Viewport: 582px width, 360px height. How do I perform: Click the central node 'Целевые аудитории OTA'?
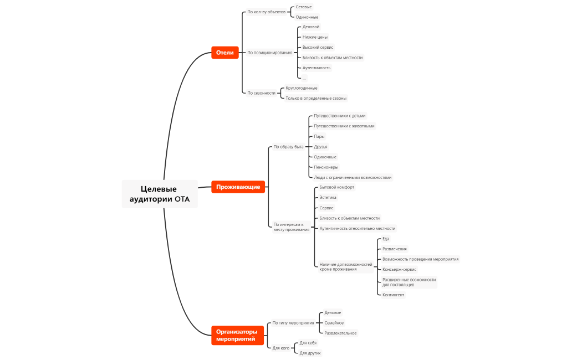(160, 194)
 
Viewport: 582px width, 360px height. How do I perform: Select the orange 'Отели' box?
(224, 53)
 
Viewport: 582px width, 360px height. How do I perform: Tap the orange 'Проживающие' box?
(238, 187)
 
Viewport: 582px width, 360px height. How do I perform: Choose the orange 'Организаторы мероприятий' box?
(237, 335)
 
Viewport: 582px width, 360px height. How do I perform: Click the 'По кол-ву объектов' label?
(266, 12)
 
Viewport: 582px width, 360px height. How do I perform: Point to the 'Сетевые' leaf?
(304, 7)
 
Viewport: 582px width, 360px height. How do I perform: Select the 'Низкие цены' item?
(315, 37)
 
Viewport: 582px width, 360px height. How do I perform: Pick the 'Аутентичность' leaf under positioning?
(316, 68)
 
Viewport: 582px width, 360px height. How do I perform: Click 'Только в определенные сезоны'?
(316, 98)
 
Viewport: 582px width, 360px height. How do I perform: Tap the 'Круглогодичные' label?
(302, 88)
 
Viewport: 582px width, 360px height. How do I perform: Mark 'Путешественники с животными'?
(344, 126)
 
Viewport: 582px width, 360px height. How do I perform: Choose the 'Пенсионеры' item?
(326, 167)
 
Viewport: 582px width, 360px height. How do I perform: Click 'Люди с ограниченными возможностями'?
(353, 177)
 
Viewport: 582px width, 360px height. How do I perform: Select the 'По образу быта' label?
(288, 147)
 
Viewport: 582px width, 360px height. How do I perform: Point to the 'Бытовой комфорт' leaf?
(336, 187)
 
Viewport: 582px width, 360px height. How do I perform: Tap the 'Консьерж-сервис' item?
(399, 269)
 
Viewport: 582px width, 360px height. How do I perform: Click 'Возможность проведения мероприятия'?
(420, 259)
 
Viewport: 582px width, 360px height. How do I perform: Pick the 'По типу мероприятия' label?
(293, 322)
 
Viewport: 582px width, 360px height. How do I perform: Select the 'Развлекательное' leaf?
(340, 333)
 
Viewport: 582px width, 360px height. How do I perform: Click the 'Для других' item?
(310, 353)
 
